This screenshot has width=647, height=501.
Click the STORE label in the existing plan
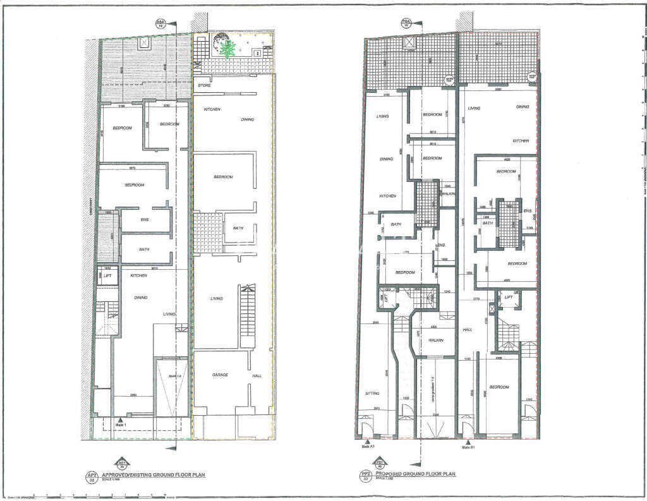204,85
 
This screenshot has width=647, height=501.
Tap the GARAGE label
219,375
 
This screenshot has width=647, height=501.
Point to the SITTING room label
372,393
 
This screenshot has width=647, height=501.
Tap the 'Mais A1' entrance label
368,446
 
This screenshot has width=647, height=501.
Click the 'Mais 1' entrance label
121,424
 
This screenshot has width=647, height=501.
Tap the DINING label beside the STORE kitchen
248,119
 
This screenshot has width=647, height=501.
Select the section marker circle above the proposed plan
408,24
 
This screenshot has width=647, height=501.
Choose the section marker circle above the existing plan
160,24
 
